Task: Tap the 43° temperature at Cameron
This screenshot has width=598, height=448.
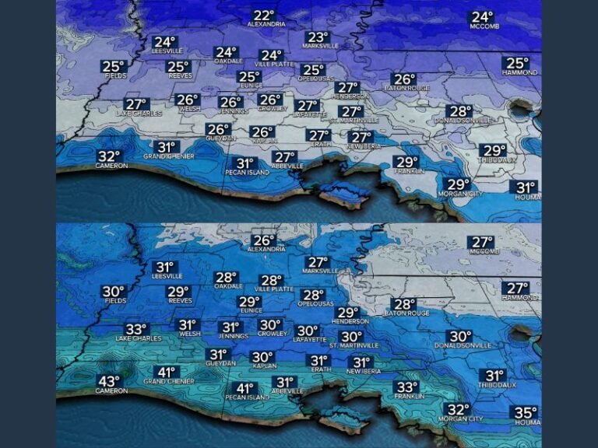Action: pos(109,381)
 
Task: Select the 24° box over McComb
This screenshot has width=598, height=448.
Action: pos(482,17)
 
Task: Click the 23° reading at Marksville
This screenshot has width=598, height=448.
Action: pos(318,37)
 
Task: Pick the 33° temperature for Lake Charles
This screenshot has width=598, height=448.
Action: pos(136,329)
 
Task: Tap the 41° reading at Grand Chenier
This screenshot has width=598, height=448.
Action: pos(165,372)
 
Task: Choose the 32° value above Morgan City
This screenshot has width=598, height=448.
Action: pos(456,410)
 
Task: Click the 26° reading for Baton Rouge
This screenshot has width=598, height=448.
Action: pos(404,79)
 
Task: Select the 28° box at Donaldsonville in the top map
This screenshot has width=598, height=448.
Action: pos(459,112)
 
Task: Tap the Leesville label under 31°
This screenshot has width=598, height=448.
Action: pos(167,275)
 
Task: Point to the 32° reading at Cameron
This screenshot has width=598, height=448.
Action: pos(110,156)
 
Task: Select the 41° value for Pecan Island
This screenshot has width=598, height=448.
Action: pos(245,388)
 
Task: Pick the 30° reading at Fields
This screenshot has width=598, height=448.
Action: pos(114,292)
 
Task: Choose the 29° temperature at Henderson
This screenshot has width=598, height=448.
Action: pos(347,313)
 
